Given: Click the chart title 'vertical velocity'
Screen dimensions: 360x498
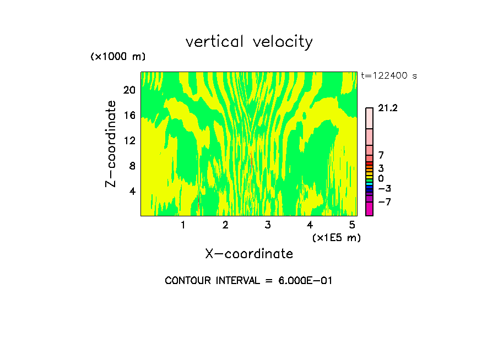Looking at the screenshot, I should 249,42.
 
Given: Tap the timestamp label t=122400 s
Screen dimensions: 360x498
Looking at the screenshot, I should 388,75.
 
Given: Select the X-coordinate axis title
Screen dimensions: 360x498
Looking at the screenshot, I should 249,254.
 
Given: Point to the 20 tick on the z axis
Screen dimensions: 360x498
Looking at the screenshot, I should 129,90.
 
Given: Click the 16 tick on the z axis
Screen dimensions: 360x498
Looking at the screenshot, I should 129,115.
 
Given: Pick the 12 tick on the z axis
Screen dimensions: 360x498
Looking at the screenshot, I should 129,140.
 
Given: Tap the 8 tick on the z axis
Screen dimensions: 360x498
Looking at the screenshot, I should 132,166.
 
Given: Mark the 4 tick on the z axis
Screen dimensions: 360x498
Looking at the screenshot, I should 132,191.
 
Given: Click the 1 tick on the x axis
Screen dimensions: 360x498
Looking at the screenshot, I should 183,225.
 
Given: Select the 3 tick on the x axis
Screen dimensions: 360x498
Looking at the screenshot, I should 268,225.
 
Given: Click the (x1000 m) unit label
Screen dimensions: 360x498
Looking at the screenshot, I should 118,57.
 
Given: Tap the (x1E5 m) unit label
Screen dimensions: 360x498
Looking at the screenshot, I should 337,237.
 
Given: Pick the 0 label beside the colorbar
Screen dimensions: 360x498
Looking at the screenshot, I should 381,178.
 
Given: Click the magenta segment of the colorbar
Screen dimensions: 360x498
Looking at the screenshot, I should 369,209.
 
